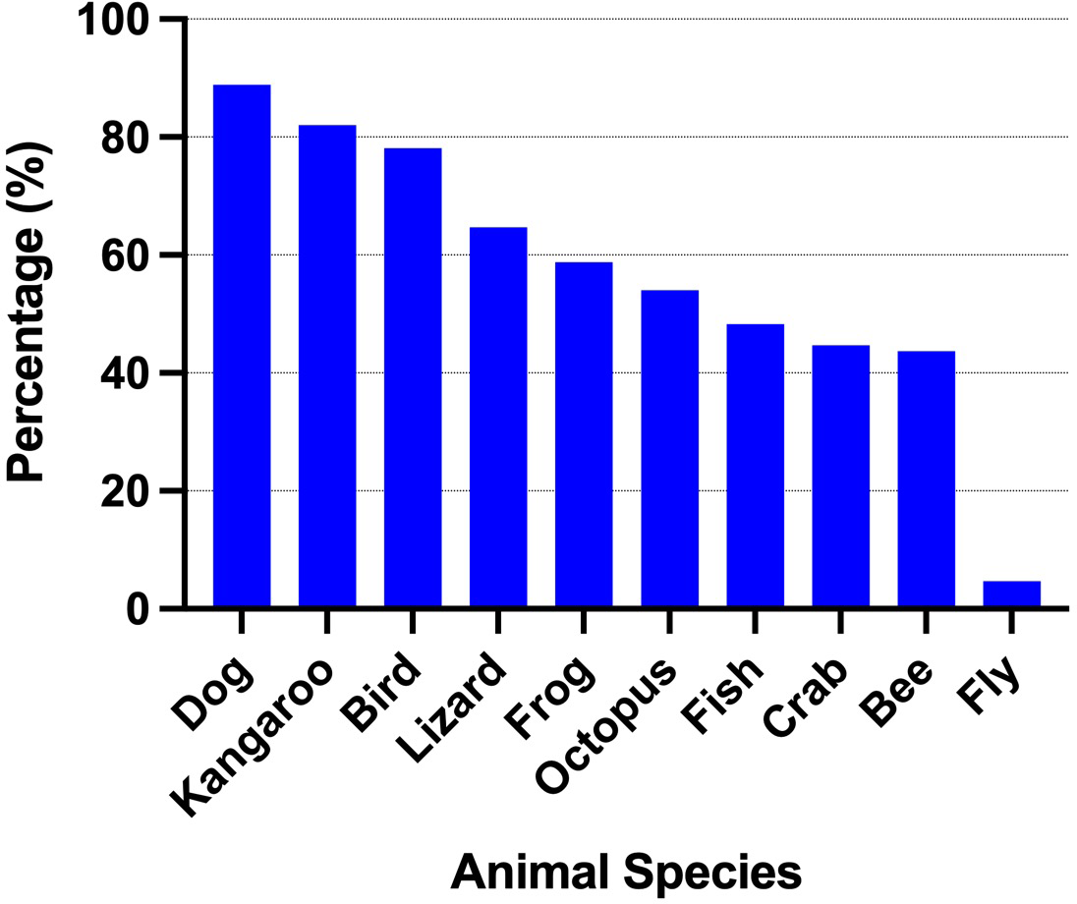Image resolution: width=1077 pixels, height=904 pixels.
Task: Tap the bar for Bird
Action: click(413, 377)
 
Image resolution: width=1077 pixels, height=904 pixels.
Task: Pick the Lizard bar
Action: click(498, 417)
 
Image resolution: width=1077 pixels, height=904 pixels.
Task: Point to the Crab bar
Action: click(840, 476)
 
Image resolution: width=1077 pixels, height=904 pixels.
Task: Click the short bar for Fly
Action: click(1011, 594)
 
